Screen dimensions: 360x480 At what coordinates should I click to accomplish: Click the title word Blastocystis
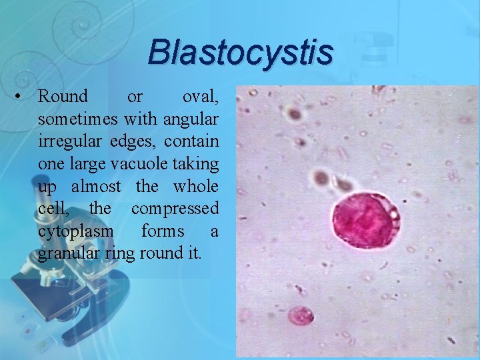click(240, 52)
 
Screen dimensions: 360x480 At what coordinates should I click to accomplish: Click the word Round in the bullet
click(63, 97)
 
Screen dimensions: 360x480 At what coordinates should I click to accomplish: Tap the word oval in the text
click(199, 97)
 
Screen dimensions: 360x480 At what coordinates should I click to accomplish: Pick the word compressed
click(175, 209)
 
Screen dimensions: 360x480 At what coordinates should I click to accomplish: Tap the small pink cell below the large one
click(301, 315)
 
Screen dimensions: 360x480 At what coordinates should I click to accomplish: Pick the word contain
click(193, 142)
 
